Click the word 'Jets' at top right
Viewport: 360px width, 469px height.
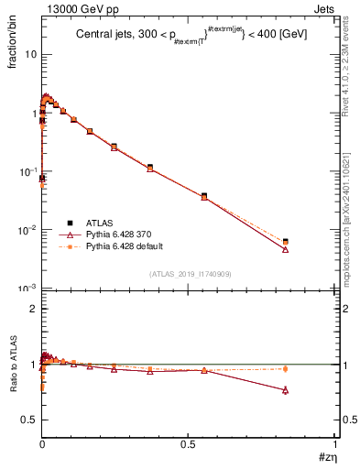[324, 7]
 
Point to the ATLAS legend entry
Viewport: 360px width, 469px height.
[100, 222]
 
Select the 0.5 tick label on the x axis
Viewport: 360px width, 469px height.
[188, 445]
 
